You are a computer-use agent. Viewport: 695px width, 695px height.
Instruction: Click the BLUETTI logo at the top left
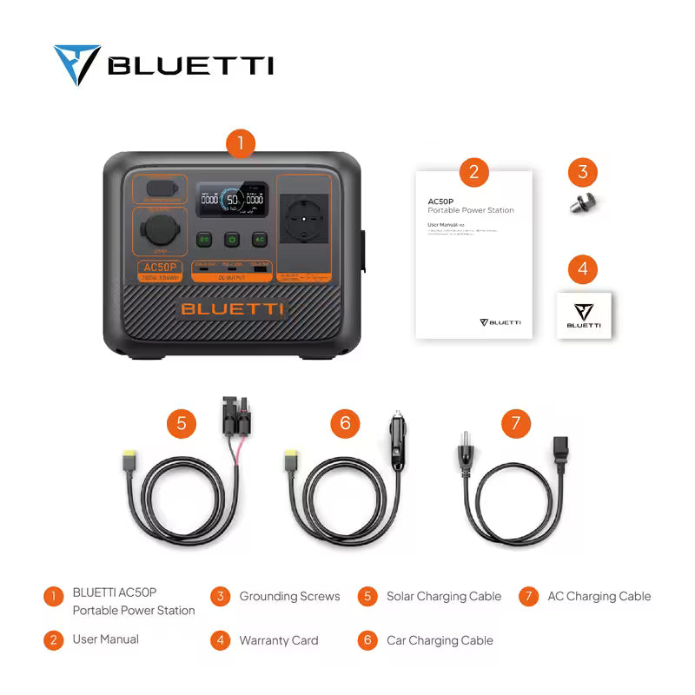coord(163,65)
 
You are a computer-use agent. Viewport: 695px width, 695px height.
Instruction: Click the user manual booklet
coord(473,252)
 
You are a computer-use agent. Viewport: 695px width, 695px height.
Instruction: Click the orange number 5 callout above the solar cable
coord(182,423)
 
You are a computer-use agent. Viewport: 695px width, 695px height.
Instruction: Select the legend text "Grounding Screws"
coord(289,596)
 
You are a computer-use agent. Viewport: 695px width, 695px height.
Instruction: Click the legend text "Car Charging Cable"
coord(440,640)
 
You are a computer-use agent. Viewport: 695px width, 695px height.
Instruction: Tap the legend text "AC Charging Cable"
coord(599,596)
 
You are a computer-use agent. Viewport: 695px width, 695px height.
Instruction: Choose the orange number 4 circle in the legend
coord(221,640)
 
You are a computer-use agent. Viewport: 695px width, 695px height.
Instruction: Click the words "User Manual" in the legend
coord(105,639)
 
